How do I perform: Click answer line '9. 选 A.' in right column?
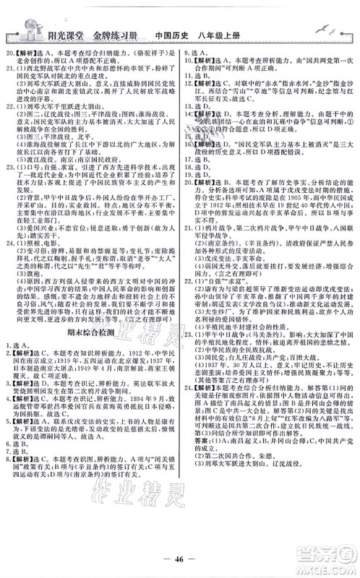[x=196, y=55]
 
